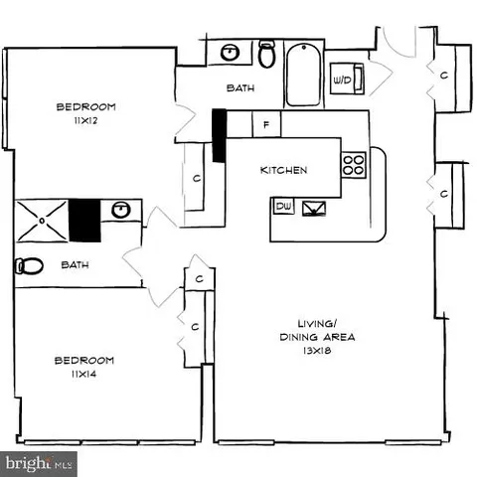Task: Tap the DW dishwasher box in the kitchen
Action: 282,207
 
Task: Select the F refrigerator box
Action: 267,124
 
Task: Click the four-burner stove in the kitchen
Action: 354,164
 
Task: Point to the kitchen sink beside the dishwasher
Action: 314,208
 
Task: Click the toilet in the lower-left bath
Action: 28,266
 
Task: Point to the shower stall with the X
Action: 42,219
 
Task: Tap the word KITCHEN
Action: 284,170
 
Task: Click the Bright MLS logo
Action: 40,463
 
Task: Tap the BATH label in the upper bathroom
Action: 240,88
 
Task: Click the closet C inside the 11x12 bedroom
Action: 198,180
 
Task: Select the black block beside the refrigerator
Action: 220,133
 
